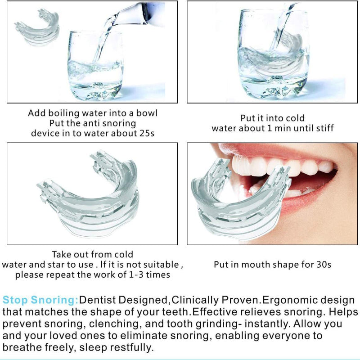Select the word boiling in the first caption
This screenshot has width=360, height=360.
point(67,113)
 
